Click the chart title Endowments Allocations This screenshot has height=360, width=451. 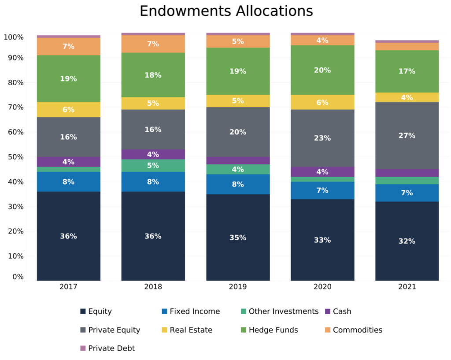click(226, 11)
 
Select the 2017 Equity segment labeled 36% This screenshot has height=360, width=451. click(68, 236)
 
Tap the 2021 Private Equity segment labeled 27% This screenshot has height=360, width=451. click(407, 136)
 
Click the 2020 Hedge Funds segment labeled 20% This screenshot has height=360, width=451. click(322, 70)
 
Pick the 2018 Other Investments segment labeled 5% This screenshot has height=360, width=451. click(153, 166)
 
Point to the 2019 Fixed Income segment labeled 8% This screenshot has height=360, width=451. click(238, 184)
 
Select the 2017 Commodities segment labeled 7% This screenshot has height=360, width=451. click(68, 46)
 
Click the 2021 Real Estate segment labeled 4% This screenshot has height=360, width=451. click(407, 97)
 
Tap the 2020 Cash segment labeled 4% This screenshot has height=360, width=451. click(322, 172)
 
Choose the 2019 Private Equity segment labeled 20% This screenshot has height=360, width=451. click(238, 132)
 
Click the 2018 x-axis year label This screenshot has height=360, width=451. click(153, 287)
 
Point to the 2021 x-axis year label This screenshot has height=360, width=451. click(407, 287)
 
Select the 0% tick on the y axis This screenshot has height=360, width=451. click(18, 277)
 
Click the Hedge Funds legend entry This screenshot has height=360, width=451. click(273, 330)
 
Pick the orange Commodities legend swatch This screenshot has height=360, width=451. click(328, 330)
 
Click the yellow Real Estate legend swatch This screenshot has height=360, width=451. click(164, 330)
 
